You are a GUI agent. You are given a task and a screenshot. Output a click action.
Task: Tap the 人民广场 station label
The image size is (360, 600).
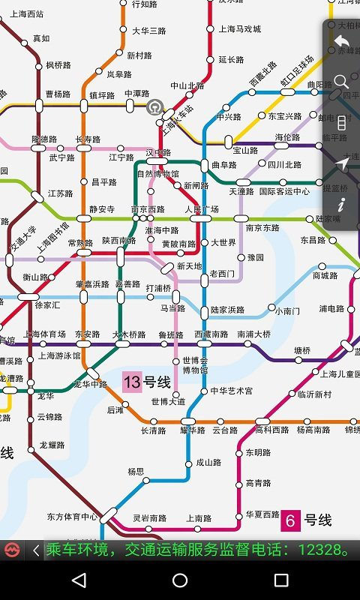202,209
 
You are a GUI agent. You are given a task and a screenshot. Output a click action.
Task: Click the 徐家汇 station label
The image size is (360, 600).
47,305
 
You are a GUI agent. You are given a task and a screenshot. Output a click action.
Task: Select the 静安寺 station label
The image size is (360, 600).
102,209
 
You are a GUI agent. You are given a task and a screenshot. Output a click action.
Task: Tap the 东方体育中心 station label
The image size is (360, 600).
72,517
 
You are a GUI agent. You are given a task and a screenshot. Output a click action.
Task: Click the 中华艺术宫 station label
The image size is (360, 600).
231,391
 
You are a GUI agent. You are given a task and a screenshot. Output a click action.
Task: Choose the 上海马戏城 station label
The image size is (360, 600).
240,29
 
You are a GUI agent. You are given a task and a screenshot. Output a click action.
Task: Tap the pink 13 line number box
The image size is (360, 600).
132,382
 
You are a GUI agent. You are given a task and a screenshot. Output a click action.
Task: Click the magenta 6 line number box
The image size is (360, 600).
289,520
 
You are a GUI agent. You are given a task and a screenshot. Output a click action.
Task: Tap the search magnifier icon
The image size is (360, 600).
341,81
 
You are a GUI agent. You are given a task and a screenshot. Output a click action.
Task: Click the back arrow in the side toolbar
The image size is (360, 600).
341,41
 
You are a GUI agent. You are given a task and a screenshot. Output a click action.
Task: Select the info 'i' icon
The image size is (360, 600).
341,204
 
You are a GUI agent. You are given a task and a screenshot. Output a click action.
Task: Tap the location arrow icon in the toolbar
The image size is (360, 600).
341,163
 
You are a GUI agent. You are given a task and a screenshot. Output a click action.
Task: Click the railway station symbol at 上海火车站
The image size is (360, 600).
155,106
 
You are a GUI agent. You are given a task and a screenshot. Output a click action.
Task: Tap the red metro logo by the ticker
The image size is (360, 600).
11,550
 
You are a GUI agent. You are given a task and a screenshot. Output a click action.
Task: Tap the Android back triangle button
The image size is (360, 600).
79,580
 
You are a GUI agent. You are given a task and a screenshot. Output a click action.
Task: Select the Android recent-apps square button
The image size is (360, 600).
281,580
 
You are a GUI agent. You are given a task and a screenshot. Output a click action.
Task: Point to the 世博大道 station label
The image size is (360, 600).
168,402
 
